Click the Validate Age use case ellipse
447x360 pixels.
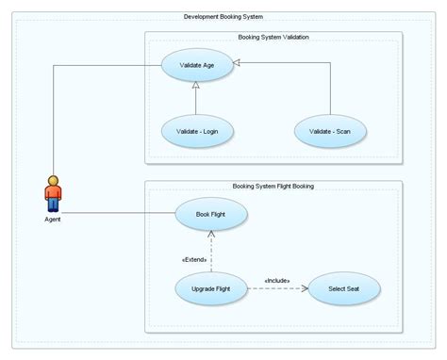(194, 66)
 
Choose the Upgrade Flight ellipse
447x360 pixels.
(211, 287)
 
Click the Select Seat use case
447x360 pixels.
(344, 287)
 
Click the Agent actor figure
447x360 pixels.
(54, 194)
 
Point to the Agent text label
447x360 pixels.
(54, 220)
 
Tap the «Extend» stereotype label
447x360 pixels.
(193, 258)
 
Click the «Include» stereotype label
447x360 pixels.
(277, 280)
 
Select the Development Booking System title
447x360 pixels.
(223, 17)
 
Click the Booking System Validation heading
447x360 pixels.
(273, 37)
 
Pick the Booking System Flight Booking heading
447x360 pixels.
(273, 186)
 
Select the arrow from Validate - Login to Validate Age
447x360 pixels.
(196, 99)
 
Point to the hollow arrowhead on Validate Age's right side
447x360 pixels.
(240, 62)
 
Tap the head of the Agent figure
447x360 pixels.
(54, 180)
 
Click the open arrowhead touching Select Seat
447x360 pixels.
(306, 288)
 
